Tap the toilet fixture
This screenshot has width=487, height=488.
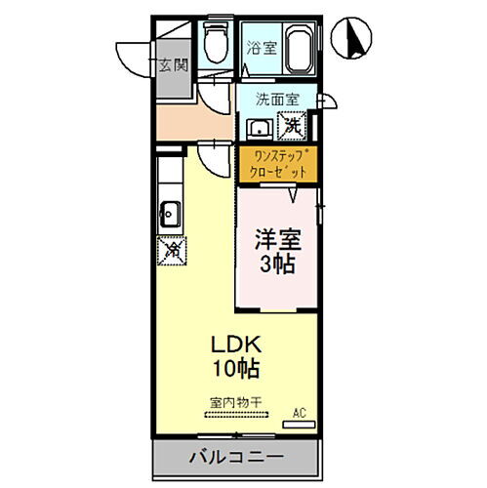pyautogui.click(x=217, y=42)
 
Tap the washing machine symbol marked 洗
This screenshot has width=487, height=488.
pyautogui.click(x=292, y=125)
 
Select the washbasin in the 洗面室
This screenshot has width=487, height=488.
pyautogui.click(x=260, y=130)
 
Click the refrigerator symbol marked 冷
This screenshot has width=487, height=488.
pyautogui.click(x=170, y=249)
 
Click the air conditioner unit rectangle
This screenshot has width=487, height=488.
pyautogui.click(x=302, y=424)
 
